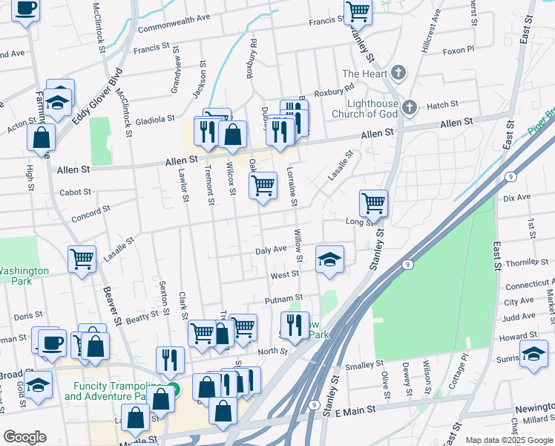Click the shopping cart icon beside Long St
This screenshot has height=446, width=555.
pos(373,202)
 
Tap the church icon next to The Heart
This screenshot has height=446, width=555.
pos(399,73)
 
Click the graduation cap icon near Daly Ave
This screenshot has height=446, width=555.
pos(329,259)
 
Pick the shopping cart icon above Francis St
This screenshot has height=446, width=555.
pos(358,12)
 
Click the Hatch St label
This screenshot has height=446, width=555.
pos(442,106)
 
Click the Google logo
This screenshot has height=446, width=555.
pos(24,437)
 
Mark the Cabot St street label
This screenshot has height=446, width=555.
pos(76,192)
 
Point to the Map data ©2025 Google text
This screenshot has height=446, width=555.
pos(508,440)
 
